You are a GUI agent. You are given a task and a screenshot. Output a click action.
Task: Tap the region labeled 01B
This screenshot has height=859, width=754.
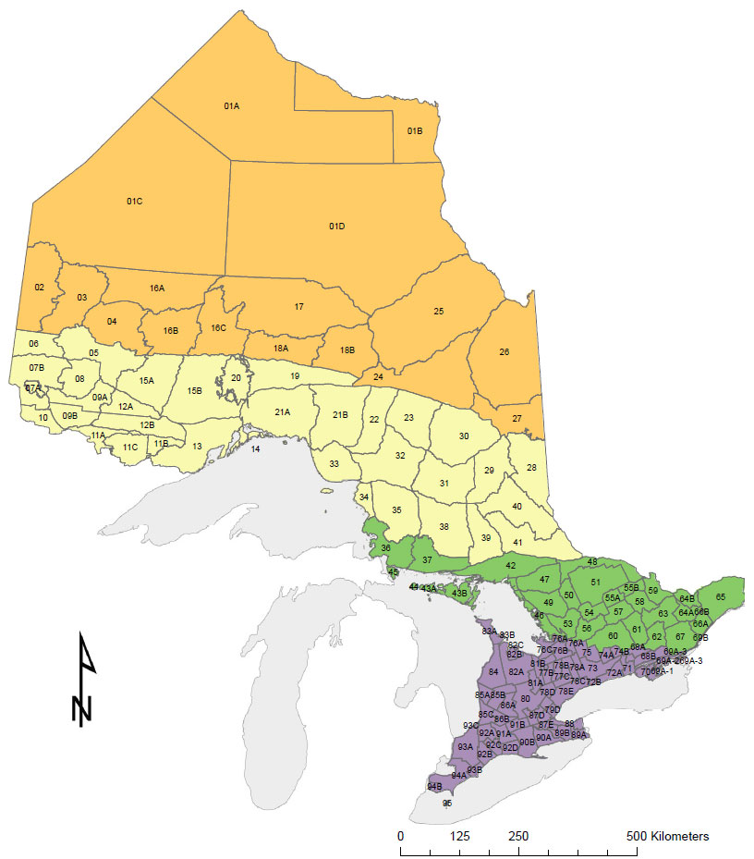(415, 131)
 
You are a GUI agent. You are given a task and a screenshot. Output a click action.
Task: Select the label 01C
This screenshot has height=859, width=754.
(134, 201)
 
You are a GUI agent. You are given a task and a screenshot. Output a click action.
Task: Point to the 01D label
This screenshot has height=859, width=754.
(336, 227)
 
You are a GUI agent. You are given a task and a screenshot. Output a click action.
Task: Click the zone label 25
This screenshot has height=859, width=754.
(439, 312)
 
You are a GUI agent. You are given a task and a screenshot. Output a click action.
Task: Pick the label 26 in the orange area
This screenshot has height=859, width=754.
(504, 351)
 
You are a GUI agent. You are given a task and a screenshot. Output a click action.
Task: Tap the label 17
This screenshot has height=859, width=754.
(299, 306)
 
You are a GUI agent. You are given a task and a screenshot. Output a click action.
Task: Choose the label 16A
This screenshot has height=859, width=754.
(157, 288)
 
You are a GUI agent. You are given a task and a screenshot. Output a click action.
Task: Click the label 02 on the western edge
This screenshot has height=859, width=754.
(40, 288)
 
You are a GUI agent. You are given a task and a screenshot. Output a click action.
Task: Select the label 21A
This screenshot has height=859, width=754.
(283, 411)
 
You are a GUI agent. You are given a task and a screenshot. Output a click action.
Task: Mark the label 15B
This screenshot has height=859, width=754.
(194, 391)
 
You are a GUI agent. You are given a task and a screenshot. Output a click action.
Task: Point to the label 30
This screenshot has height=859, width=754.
(464, 436)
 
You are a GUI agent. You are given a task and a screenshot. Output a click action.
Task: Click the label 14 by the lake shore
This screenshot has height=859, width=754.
(256, 449)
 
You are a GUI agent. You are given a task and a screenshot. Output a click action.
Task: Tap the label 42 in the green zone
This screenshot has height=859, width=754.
(510, 565)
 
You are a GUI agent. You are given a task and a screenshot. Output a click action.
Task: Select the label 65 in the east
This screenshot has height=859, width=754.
(722, 596)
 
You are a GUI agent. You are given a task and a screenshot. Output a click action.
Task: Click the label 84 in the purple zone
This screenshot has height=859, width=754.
(494, 671)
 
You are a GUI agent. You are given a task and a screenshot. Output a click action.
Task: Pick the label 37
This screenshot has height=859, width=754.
(428, 561)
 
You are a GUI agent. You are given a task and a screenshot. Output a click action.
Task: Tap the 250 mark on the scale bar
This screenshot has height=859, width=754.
(518, 836)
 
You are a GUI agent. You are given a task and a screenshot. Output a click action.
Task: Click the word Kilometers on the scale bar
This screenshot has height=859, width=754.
(678, 836)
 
